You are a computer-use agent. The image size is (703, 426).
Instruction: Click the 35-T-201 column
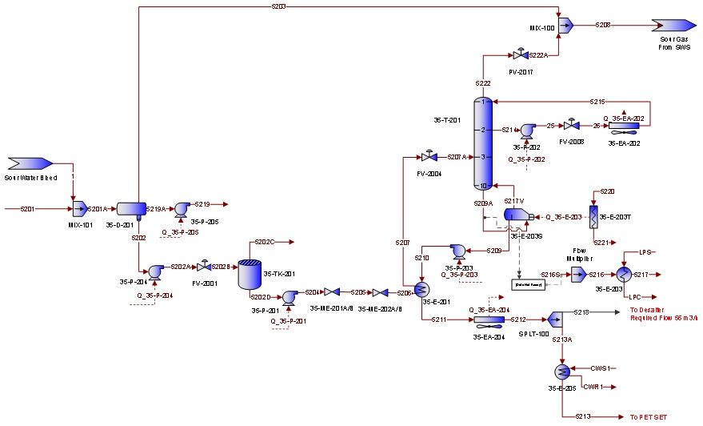click(483, 143)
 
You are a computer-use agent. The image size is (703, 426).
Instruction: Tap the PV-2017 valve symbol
click(518, 56)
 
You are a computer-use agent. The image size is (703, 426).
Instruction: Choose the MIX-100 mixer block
click(565, 26)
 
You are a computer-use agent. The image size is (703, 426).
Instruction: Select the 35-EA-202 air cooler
click(621, 127)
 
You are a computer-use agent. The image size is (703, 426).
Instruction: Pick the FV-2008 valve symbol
click(571, 127)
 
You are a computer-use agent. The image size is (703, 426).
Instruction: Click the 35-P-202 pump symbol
click(529, 131)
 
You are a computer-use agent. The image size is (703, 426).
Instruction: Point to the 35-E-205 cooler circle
click(562, 372)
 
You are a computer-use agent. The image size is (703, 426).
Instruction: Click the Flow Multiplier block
click(578, 274)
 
